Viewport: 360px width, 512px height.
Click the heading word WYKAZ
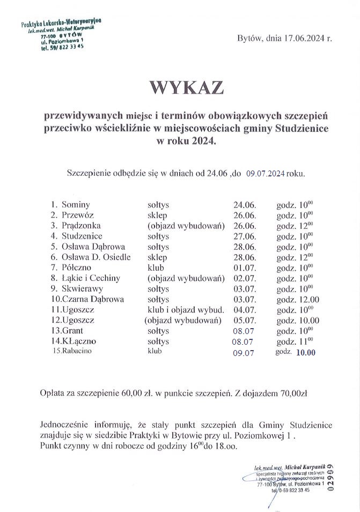[180, 88]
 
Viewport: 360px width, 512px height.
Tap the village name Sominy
[76, 205]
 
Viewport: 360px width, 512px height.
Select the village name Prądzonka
[81, 226]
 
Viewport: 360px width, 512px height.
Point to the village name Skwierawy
[83, 288]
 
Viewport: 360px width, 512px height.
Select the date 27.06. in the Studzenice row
[245, 236]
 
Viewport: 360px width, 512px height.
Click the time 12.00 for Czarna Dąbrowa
[305, 299]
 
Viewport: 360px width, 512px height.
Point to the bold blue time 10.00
[306, 352]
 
